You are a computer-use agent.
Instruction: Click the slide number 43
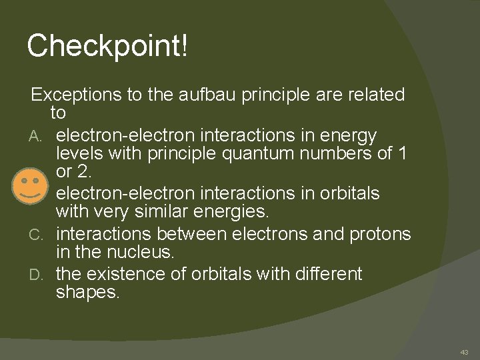click(x=464, y=352)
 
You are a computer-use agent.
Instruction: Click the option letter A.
click(x=37, y=137)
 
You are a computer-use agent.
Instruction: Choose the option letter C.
click(x=37, y=235)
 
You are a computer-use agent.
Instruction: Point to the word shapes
click(x=87, y=293)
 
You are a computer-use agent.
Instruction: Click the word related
click(x=372, y=95)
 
